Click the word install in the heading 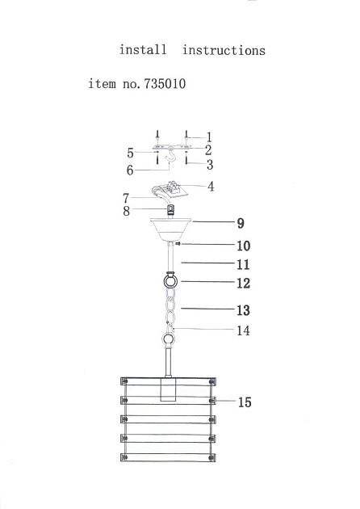143,50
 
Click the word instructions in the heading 224,50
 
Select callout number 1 208,137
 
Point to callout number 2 208,149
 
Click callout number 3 209,165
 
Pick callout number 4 210,187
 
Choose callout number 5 130,151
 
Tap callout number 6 130,170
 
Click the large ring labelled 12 170,283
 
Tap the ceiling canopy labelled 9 170,229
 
